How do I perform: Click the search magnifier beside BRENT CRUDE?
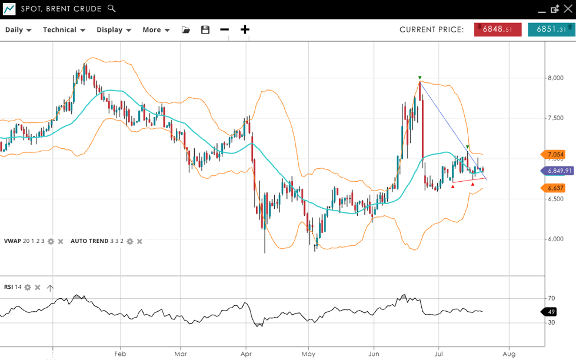pyautogui.click(x=112, y=9)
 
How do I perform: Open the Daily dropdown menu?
pyautogui.click(x=18, y=30)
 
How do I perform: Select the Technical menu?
pyautogui.click(x=64, y=30)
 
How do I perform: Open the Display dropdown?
pyautogui.click(x=114, y=30)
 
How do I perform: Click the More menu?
pyautogui.click(x=156, y=30)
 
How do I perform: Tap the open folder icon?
pyautogui.click(x=186, y=30)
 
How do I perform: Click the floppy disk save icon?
pyautogui.click(x=205, y=30)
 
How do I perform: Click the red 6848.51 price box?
pyautogui.click(x=498, y=29)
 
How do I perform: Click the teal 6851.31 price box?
pyautogui.click(x=551, y=29)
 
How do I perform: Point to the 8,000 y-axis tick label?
pyautogui.click(x=556, y=78)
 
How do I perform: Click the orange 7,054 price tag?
pyautogui.click(x=554, y=155)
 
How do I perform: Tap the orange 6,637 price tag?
pyautogui.click(x=554, y=188)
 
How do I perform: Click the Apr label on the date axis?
pyautogui.click(x=246, y=354)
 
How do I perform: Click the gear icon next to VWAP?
pyautogui.click(x=51, y=241)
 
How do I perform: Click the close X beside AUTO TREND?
pyautogui.click(x=139, y=241)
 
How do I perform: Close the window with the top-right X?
pyautogui.click(x=567, y=9)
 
